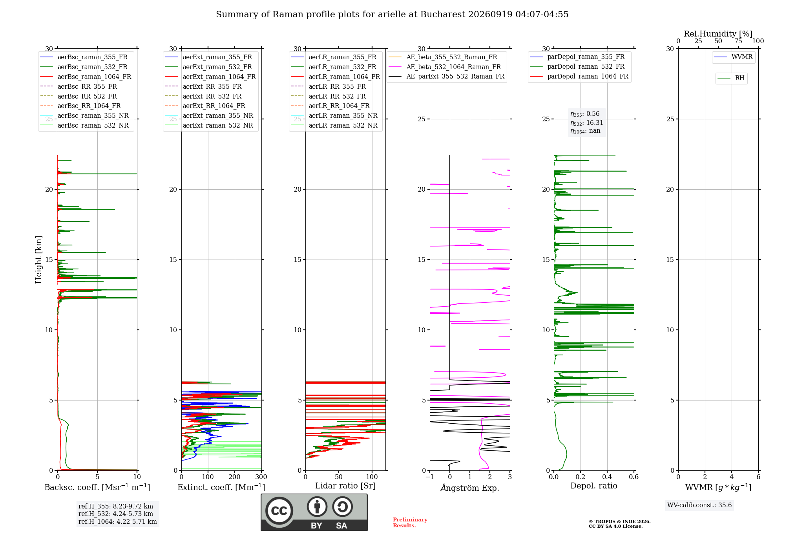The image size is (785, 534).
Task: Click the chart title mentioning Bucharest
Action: [392, 15]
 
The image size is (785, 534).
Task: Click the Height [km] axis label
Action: [38, 260]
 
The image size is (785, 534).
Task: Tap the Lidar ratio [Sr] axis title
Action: [345, 486]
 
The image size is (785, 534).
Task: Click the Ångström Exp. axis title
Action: [470, 488]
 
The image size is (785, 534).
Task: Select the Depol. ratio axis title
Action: [594, 486]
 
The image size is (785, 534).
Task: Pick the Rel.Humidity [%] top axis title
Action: [718, 34]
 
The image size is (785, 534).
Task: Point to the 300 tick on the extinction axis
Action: [261, 477]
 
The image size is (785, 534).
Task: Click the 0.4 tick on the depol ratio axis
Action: [607, 477]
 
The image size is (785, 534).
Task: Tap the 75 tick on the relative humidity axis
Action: [738, 41]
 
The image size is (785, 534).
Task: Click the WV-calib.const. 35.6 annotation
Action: [699, 505]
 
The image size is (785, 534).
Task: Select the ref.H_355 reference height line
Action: [116, 506]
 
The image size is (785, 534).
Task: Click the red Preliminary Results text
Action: [410, 523]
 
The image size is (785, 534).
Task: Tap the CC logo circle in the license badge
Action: [279, 510]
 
